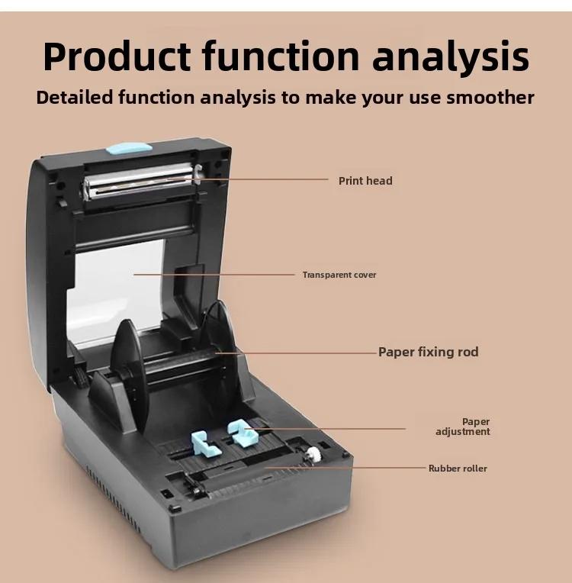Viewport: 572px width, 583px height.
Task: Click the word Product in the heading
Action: (117, 56)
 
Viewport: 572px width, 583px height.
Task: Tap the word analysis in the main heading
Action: (451, 56)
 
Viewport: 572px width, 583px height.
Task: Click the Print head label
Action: (365, 181)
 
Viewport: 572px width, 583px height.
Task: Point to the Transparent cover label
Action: (339, 275)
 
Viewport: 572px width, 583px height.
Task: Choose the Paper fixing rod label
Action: (428, 352)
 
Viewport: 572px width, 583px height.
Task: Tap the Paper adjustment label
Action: (463, 427)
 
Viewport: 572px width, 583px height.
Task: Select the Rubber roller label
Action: (458, 468)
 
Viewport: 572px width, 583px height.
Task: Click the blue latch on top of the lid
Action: (129, 149)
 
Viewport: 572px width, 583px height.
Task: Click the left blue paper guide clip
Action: (205, 443)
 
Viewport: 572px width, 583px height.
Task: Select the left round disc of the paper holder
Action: (129, 375)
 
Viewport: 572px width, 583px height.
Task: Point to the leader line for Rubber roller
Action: (345, 468)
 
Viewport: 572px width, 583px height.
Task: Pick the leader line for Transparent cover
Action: (214, 275)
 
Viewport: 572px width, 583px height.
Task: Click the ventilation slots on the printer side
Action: (114, 499)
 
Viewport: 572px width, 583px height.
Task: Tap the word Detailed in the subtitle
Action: (74, 98)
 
